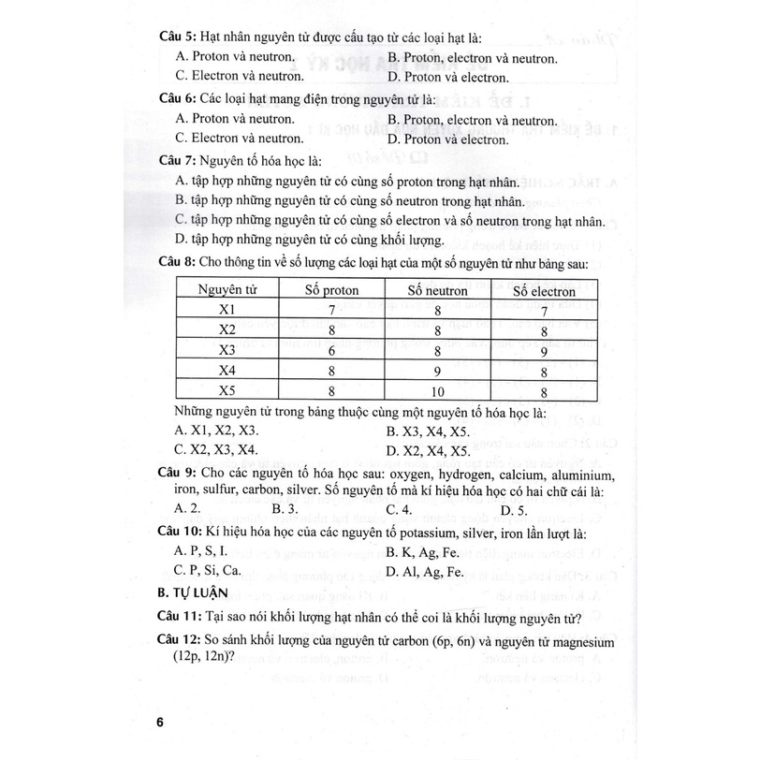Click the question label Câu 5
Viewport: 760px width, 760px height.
coord(177,37)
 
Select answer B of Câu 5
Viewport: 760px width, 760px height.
coord(473,58)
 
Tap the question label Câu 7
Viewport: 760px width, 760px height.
coord(177,160)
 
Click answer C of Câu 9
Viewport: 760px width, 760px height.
coord(399,510)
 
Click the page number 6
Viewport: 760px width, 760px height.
coord(160,723)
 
